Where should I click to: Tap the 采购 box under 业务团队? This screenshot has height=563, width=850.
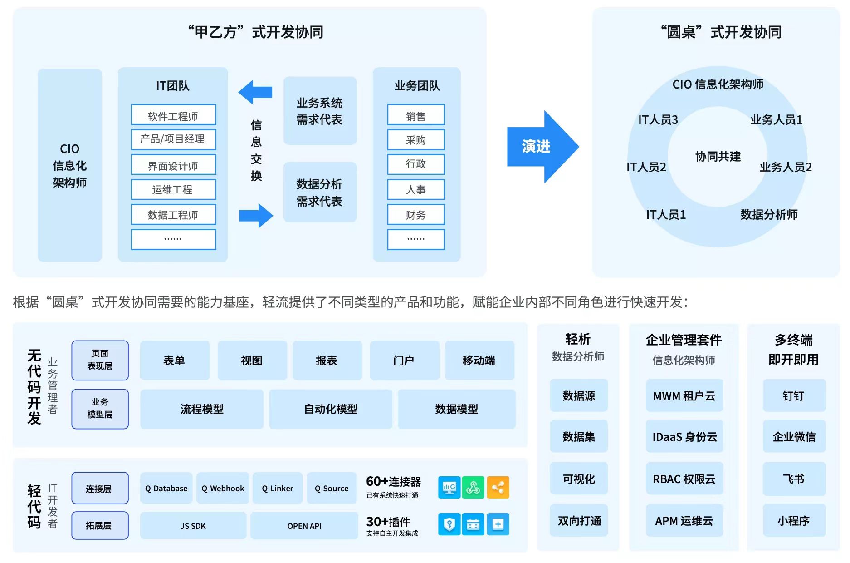point(415,140)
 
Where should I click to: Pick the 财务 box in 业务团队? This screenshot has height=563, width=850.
point(415,215)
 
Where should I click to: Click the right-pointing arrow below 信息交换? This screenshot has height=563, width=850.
point(256,215)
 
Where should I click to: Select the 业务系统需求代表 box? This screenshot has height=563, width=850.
point(320,111)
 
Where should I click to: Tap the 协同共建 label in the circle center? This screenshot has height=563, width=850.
point(718,157)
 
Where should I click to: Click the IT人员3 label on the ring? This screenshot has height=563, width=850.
point(658,120)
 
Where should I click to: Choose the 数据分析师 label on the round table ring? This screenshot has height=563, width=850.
point(769,214)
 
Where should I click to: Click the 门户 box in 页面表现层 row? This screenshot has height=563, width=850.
point(404,361)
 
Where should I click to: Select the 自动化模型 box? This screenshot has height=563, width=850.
point(330,409)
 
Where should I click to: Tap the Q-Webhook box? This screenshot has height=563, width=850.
point(223,488)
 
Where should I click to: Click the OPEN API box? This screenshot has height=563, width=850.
point(304,526)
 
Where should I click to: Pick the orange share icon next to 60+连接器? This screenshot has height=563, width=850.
point(498,488)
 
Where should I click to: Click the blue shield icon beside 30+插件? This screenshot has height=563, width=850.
point(449,524)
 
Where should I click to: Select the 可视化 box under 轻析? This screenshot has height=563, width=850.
point(578,479)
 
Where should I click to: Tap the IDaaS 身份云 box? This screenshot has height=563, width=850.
point(684,437)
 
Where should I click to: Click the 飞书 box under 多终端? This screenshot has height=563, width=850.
point(794,479)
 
